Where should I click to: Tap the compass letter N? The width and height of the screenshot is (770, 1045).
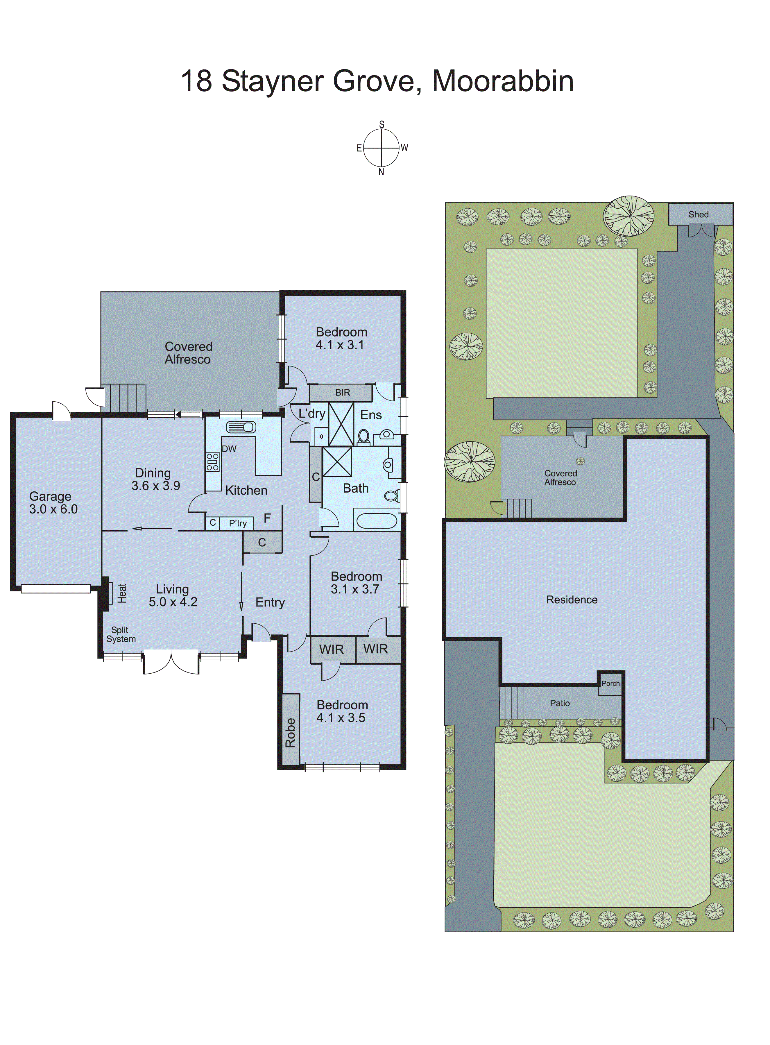click(381, 172)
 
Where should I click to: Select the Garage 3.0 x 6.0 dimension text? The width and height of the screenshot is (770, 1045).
click(53, 509)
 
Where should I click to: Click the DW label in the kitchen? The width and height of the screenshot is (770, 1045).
click(229, 449)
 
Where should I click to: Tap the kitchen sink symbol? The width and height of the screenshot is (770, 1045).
click(241, 427)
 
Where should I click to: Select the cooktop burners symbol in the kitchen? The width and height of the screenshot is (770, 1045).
click(212, 461)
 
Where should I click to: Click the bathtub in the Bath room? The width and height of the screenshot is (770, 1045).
click(377, 521)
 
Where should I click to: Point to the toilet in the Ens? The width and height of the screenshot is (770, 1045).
click(363, 437)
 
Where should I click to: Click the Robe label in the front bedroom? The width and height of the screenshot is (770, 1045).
click(290, 733)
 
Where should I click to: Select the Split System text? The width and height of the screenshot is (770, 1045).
click(121, 634)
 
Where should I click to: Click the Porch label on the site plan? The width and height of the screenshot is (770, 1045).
click(610, 683)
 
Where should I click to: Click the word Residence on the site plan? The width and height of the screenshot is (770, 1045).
click(572, 600)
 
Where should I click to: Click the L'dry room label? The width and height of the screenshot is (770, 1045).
click(312, 414)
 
